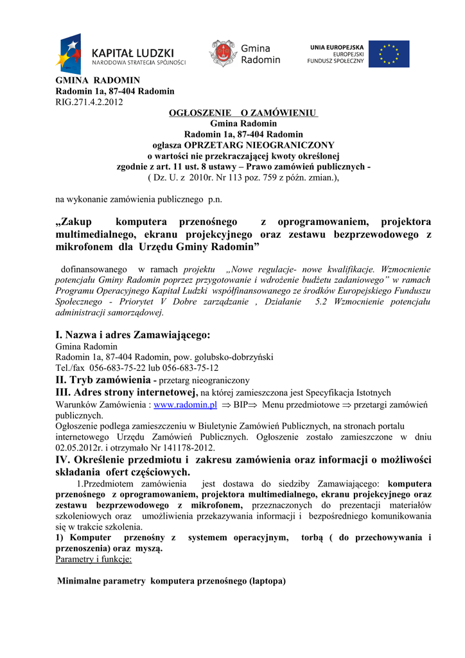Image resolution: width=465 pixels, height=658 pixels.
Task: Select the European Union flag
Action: click(x=389, y=54)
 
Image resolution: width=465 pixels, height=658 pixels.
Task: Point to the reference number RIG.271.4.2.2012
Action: click(x=89, y=102)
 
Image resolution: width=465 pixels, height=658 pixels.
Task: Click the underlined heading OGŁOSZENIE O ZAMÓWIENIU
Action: click(x=243, y=113)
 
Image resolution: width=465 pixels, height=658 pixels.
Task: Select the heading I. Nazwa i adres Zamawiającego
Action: click(x=133, y=335)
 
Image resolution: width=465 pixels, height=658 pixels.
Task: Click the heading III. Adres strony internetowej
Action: click(x=126, y=392)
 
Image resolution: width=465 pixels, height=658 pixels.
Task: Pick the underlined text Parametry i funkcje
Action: click(x=94, y=559)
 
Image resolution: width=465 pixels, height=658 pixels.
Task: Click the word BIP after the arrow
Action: click(x=240, y=405)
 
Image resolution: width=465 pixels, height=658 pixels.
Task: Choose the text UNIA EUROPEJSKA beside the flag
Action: click(x=337, y=48)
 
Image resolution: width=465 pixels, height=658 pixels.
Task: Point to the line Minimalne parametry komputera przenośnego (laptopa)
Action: click(x=171, y=581)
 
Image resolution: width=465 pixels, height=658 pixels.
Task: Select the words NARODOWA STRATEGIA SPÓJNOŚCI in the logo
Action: click(x=139, y=63)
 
